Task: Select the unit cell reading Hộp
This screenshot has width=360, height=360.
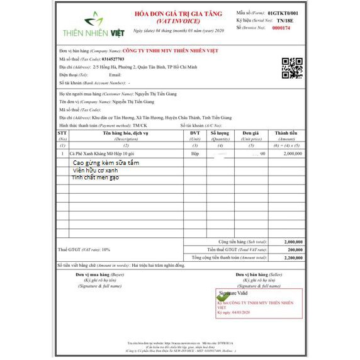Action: [x=195, y=154]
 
